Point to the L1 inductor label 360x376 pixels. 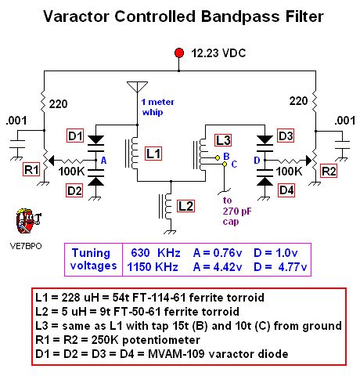(x=153, y=153)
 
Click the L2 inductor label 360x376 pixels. (x=185, y=206)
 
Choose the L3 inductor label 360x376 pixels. (x=223, y=139)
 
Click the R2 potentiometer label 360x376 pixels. (x=329, y=168)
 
